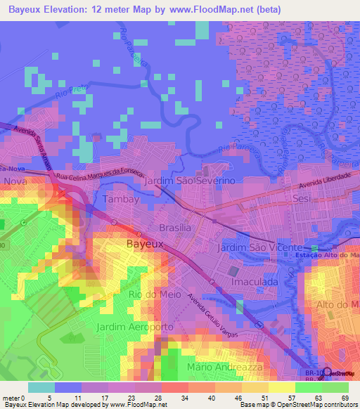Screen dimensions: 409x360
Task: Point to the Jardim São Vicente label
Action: [x=259, y=249]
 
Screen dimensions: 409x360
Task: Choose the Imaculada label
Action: [x=255, y=281]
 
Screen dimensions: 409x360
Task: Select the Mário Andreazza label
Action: [x=224, y=367]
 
